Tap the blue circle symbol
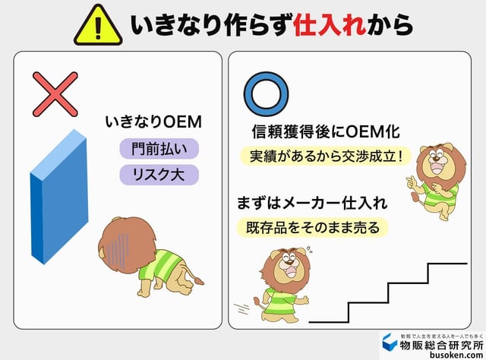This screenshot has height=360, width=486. point(265,93)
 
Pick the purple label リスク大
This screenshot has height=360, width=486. point(159,175)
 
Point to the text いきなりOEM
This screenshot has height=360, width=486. point(157,122)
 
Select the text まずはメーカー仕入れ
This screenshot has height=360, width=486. point(313,203)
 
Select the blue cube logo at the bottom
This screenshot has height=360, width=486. point(390,343)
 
